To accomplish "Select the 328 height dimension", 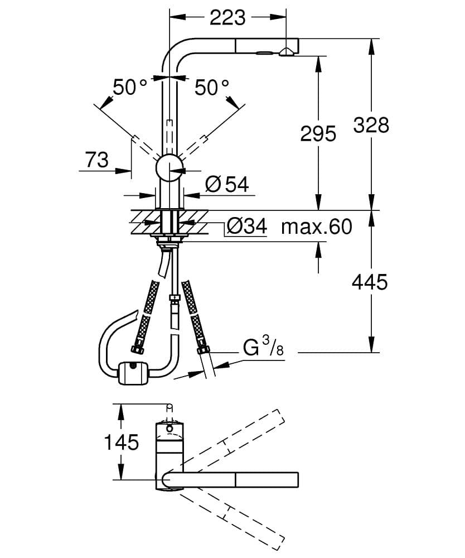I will point(371,125).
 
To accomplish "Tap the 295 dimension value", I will point(318,133).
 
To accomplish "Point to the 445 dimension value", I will point(369,282).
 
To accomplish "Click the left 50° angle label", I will point(129,87).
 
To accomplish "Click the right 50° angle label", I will point(212,87).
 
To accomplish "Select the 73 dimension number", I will point(97,161).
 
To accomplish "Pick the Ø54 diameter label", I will point(226,184).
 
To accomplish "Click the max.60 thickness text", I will point(316,227).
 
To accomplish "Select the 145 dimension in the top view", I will point(122,442).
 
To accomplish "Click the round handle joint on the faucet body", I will point(169,167).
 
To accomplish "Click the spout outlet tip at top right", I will point(287,52).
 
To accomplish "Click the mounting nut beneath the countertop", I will point(169,240).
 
